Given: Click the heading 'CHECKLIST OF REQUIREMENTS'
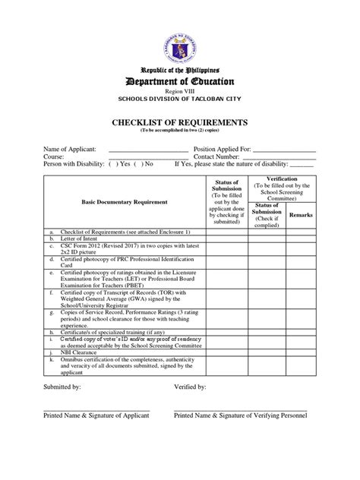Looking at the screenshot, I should click(x=179, y=122).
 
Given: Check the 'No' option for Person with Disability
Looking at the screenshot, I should click(x=140, y=163).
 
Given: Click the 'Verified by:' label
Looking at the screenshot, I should click(x=190, y=387).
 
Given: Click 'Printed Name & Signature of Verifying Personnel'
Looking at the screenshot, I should click(x=240, y=415).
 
